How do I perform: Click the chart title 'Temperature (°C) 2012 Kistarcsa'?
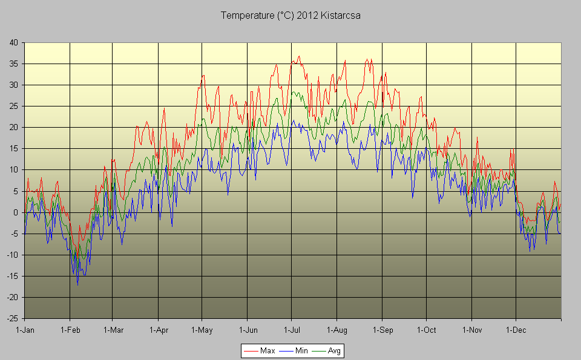click(290, 15)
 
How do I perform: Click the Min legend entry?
click(300, 350)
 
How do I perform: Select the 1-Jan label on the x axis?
click(25, 330)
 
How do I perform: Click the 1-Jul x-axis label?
click(292, 330)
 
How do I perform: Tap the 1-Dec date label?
click(516, 330)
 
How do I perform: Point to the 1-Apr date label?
click(159, 330)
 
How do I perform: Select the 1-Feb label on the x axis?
click(70, 330)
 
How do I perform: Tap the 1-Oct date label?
click(427, 330)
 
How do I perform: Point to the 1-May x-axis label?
click(202, 330)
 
